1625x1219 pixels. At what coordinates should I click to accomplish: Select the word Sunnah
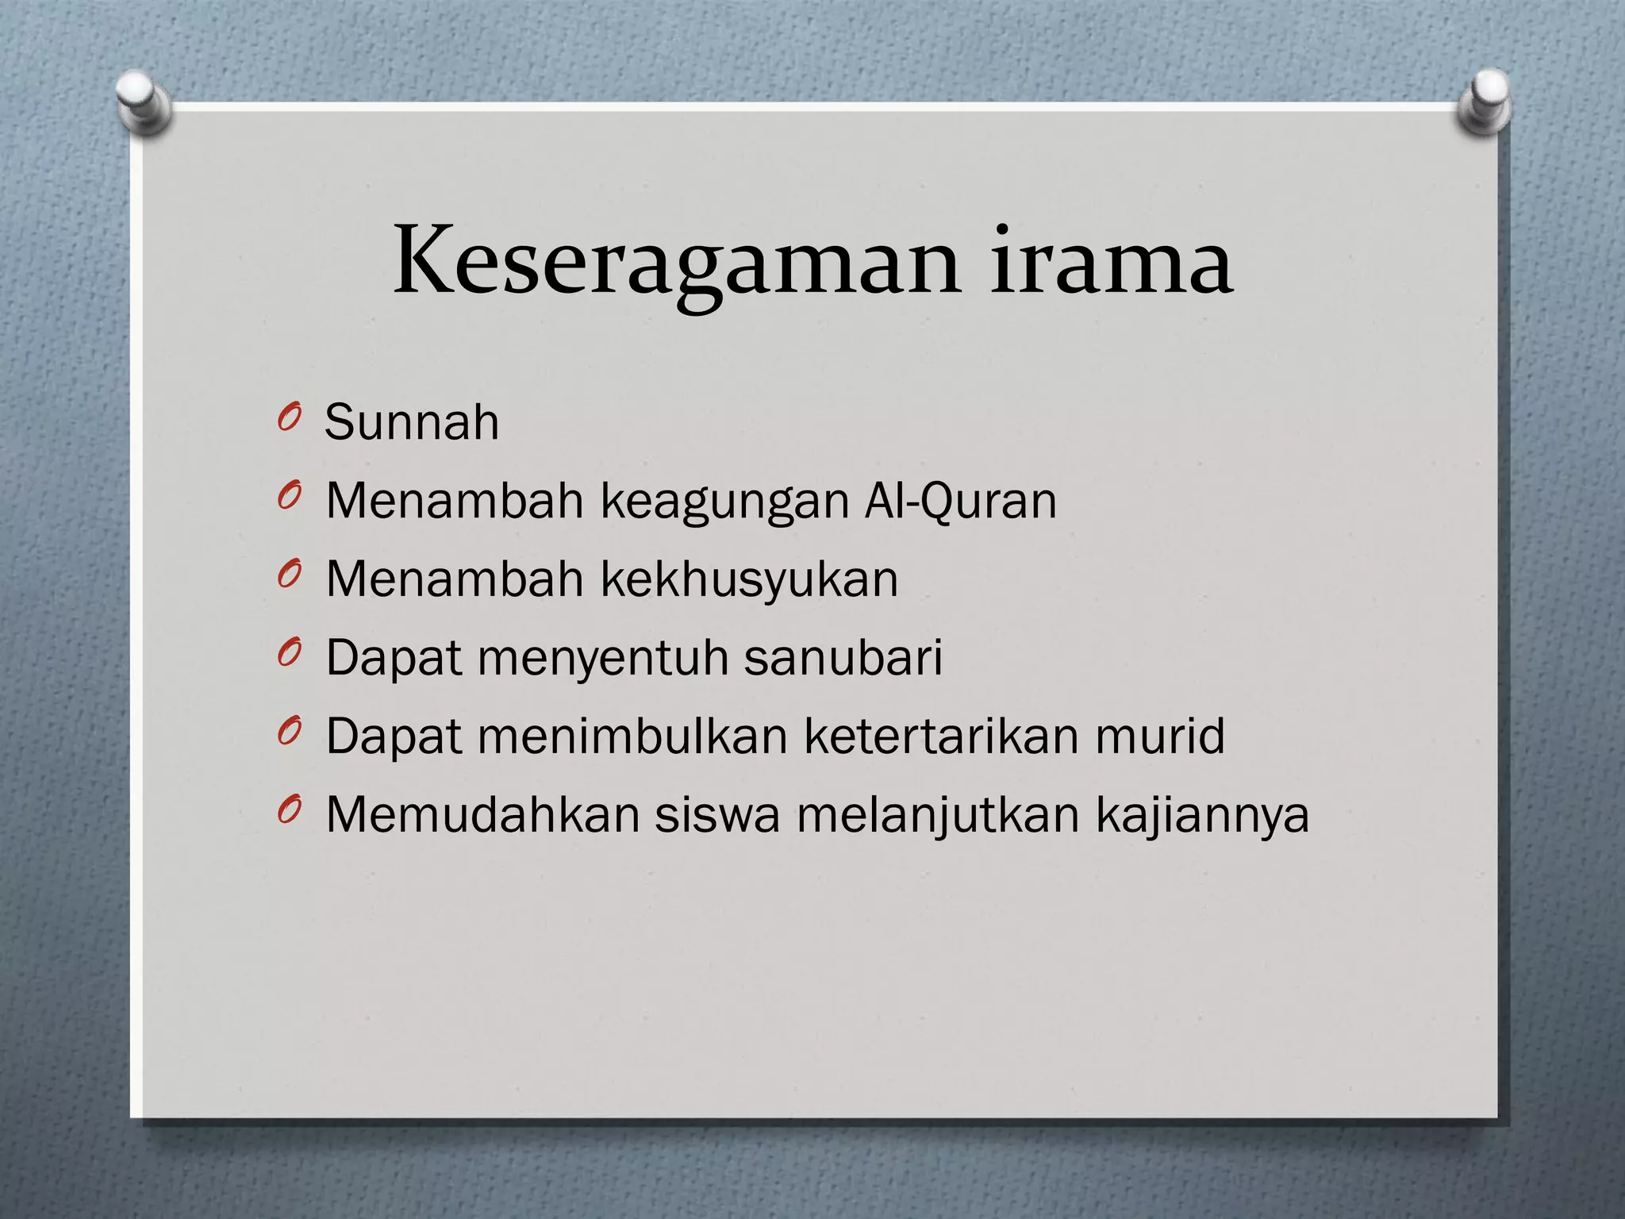point(412,422)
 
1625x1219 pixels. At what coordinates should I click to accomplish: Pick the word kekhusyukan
point(749,579)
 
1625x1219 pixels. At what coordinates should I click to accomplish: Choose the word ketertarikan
point(942,736)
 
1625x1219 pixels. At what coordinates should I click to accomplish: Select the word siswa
point(717,814)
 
